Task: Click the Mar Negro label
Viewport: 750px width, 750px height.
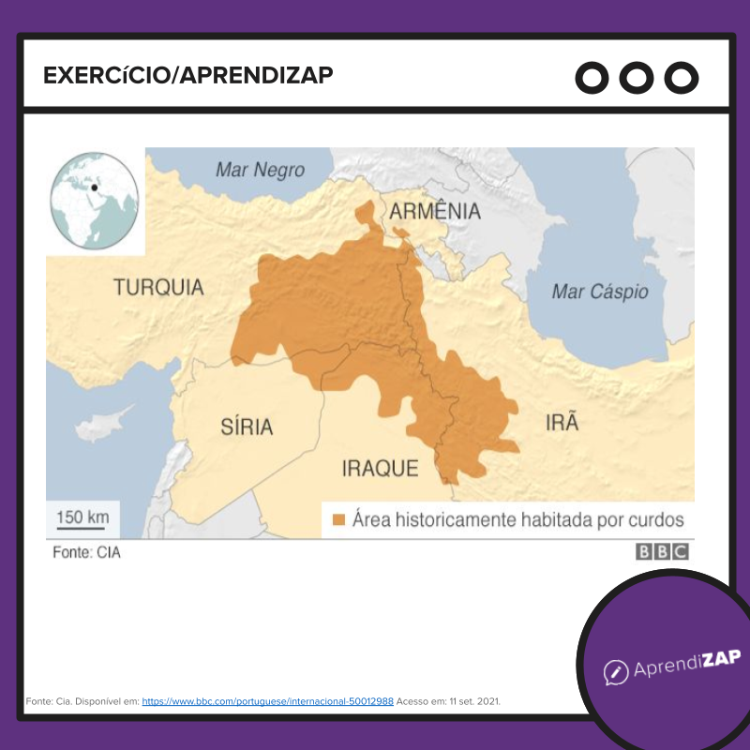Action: point(260,170)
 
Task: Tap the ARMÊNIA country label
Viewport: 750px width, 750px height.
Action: point(435,211)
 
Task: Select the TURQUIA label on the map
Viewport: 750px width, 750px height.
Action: point(158,287)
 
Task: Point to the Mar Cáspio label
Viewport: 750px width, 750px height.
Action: point(600,292)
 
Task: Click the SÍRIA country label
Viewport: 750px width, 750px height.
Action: point(247,427)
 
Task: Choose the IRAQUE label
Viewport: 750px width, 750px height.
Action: point(380,468)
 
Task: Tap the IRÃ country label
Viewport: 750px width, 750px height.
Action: point(562,423)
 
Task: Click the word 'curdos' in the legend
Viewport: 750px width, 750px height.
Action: point(652,519)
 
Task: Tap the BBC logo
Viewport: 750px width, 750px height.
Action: point(663,552)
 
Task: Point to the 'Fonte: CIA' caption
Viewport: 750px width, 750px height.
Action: point(86,552)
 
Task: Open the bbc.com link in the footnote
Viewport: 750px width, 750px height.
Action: point(267,700)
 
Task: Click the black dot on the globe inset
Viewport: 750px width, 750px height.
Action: point(94,187)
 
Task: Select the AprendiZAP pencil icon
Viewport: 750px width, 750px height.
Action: point(615,671)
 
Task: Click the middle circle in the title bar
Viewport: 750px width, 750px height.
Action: point(637,78)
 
